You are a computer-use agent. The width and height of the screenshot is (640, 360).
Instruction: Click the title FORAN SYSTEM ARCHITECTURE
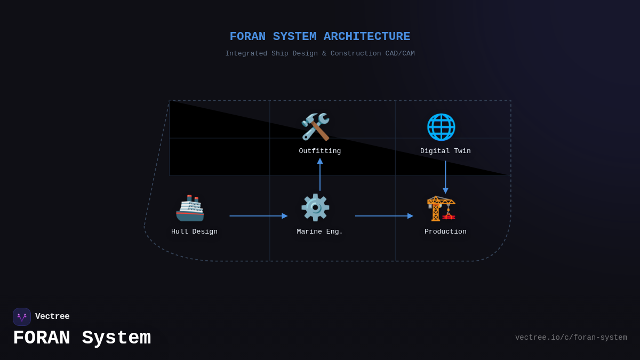click(x=320, y=37)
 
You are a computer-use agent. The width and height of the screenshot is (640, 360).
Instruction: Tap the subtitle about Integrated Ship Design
click(x=320, y=54)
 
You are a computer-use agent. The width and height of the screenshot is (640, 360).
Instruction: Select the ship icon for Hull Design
click(x=190, y=208)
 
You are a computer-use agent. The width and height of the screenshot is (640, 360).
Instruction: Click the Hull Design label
click(x=194, y=232)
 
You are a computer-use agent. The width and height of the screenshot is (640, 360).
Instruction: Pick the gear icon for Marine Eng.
click(x=315, y=207)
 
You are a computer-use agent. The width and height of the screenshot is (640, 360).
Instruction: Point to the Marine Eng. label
click(x=320, y=232)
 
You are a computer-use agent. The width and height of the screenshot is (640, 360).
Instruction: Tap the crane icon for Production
click(x=441, y=208)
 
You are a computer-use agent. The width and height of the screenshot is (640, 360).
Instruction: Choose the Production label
click(x=445, y=232)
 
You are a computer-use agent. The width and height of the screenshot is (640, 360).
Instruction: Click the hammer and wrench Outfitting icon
click(x=315, y=127)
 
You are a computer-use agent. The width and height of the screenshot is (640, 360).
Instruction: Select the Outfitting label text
click(x=320, y=151)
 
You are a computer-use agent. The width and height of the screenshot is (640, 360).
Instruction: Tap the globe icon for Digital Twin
click(x=441, y=127)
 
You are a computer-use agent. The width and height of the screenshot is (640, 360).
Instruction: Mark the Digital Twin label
click(x=445, y=151)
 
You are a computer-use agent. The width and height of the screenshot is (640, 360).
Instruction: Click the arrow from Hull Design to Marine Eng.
click(x=258, y=216)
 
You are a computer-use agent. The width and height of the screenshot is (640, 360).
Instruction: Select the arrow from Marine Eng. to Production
click(x=384, y=216)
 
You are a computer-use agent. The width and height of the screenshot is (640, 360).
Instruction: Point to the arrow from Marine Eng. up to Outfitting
click(x=320, y=174)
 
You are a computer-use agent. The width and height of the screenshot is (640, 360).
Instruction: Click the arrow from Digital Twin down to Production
click(x=445, y=177)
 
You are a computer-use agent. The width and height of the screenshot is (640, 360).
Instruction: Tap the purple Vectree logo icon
click(x=22, y=317)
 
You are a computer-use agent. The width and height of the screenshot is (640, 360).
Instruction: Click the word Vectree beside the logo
click(x=52, y=317)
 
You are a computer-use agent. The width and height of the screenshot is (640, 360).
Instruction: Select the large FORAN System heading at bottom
click(x=82, y=338)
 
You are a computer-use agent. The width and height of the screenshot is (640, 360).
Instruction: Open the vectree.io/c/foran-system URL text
click(x=571, y=338)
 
